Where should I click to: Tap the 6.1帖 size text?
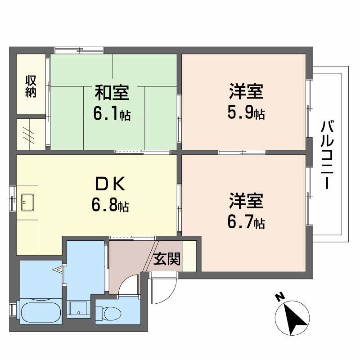[112, 114]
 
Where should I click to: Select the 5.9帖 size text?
[246, 113]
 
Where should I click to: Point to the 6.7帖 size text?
[246, 222]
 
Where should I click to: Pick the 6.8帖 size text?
[110, 206]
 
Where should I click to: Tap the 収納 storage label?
[31, 86]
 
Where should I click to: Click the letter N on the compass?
[279, 297]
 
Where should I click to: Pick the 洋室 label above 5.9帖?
[246, 92]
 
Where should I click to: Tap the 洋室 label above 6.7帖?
[246, 201]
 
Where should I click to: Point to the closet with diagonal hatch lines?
[31, 134]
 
